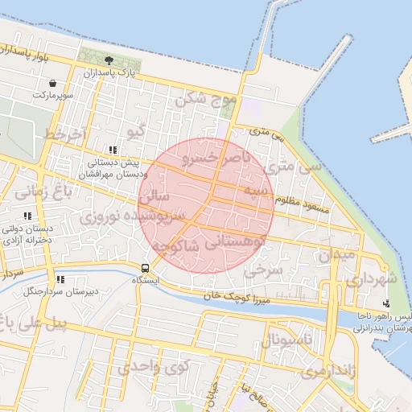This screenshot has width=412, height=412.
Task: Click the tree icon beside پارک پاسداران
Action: pos(109,60)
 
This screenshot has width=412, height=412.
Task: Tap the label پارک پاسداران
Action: pos(109,73)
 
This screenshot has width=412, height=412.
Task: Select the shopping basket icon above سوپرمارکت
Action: pos(53,83)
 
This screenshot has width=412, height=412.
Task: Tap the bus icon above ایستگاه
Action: pos(145,268)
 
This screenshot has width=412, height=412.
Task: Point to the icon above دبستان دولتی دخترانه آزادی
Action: pos(28,216)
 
